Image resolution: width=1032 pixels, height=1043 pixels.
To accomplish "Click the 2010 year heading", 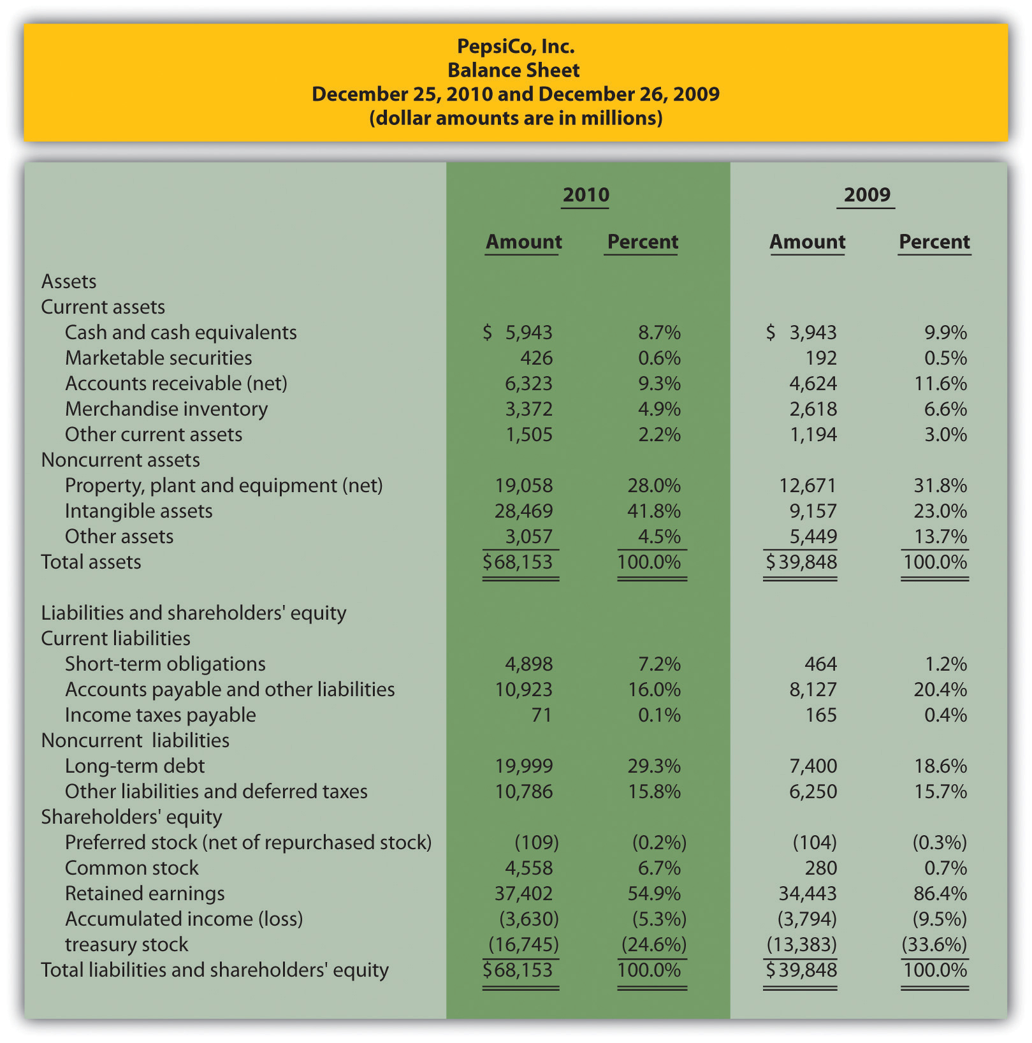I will [x=586, y=194].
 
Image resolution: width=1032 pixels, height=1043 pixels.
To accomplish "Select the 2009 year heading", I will [x=866, y=194].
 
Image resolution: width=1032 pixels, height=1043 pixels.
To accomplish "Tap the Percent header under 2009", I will [x=934, y=242].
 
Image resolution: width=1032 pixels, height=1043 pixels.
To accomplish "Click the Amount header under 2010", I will [x=523, y=242].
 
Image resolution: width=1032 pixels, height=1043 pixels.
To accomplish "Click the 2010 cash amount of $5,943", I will [x=518, y=332].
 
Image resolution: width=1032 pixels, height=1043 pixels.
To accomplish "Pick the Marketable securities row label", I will [x=158, y=358].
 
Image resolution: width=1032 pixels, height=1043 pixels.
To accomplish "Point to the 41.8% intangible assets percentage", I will [x=654, y=511].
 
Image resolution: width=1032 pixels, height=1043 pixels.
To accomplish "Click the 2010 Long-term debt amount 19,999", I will [x=524, y=766].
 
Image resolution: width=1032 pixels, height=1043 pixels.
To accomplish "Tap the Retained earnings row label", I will [x=145, y=893].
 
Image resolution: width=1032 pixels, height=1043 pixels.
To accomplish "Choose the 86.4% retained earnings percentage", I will [x=940, y=893].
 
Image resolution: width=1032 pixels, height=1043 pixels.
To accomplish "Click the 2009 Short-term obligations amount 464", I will [x=820, y=664].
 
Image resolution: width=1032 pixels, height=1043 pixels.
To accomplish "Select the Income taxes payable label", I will [x=160, y=715].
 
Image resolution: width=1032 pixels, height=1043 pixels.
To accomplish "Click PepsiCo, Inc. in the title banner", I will [x=516, y=46].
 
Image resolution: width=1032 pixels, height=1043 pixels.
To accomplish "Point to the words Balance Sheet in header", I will [x=514, y=70].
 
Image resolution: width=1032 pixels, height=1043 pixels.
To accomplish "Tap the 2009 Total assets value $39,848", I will [x=801, y=562].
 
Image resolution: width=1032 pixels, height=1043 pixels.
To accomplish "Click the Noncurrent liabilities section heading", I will [x=135, y=740].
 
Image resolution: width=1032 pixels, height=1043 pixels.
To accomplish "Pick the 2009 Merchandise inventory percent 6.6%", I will [x=945, y=409].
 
